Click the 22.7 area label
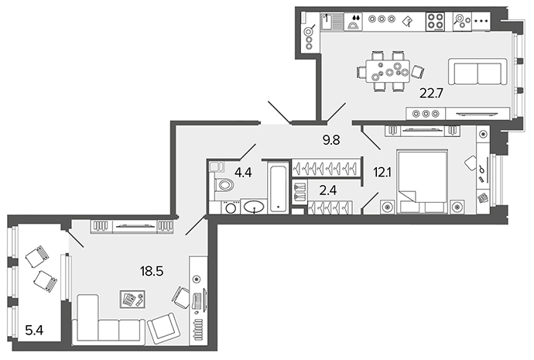(431, 94)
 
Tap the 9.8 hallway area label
(331, 139)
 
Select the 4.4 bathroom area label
(243, 173)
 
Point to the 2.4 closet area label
(328, 190)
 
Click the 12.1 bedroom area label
(382, 173)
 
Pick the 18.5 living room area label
(152, 272)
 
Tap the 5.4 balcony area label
(34, 330)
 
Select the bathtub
(279, 187)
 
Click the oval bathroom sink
(254, 207)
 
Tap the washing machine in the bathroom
(231, 207)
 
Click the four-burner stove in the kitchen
(435, 21)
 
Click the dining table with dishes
(388, 71)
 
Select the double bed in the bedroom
(423, 182)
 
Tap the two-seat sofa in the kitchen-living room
(478, 71)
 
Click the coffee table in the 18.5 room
(132, 300)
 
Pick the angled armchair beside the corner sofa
(163, 328)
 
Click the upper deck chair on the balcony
(37, 257)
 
